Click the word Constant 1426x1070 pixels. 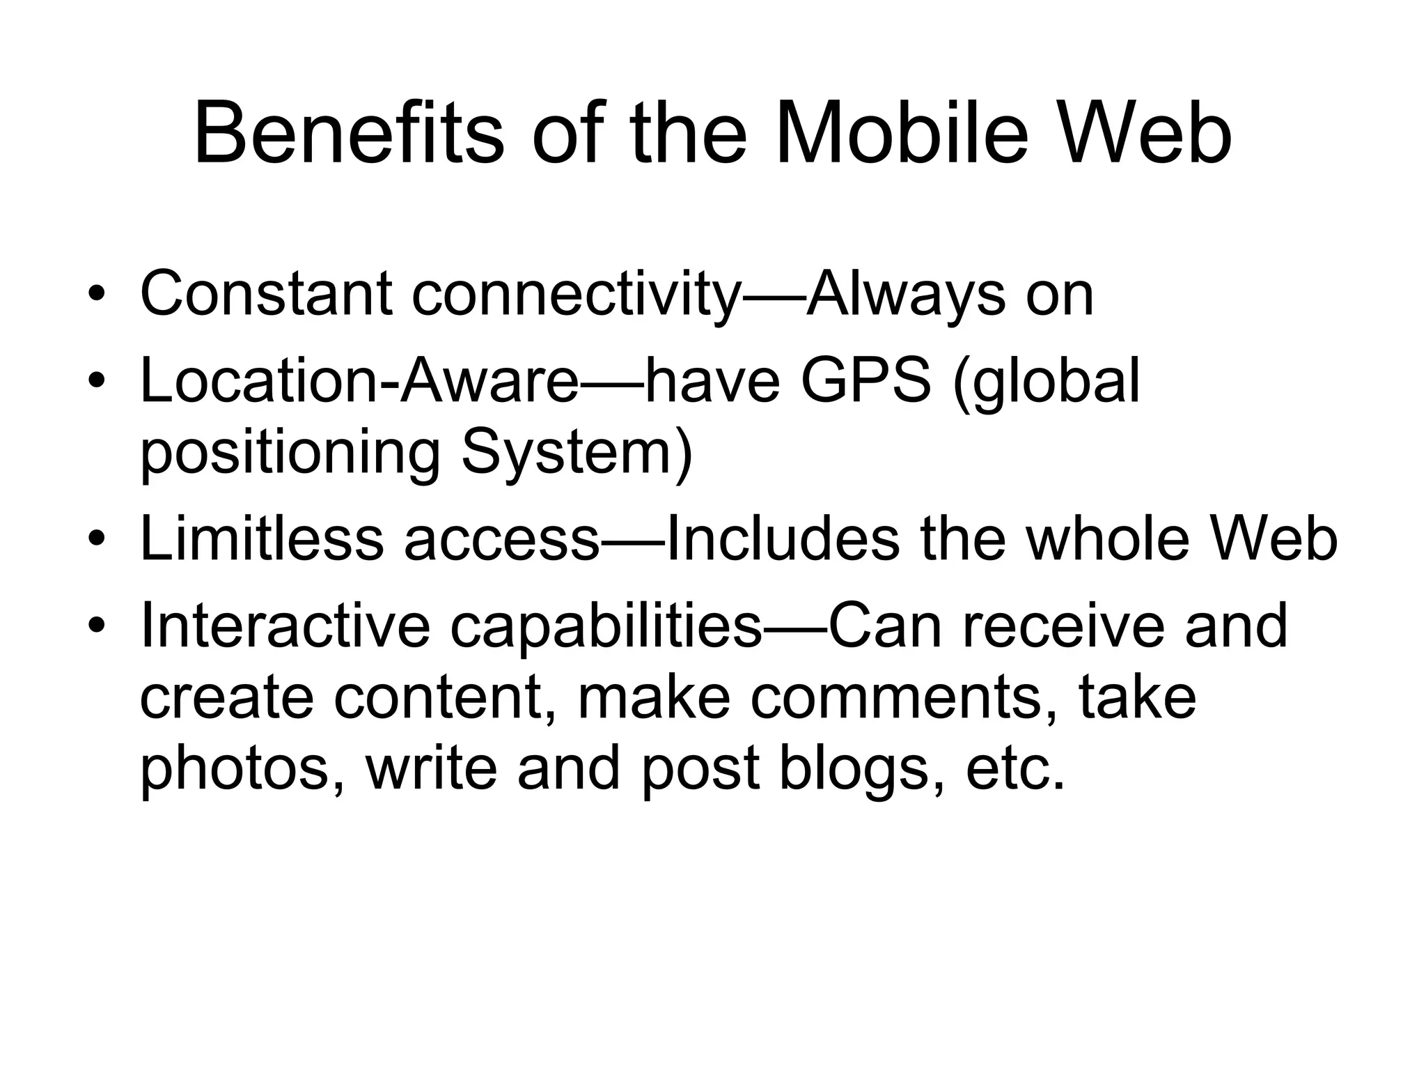coord(265,294)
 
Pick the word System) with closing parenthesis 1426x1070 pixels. coord(577,453)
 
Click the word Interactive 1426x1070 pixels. coord(285,626)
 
